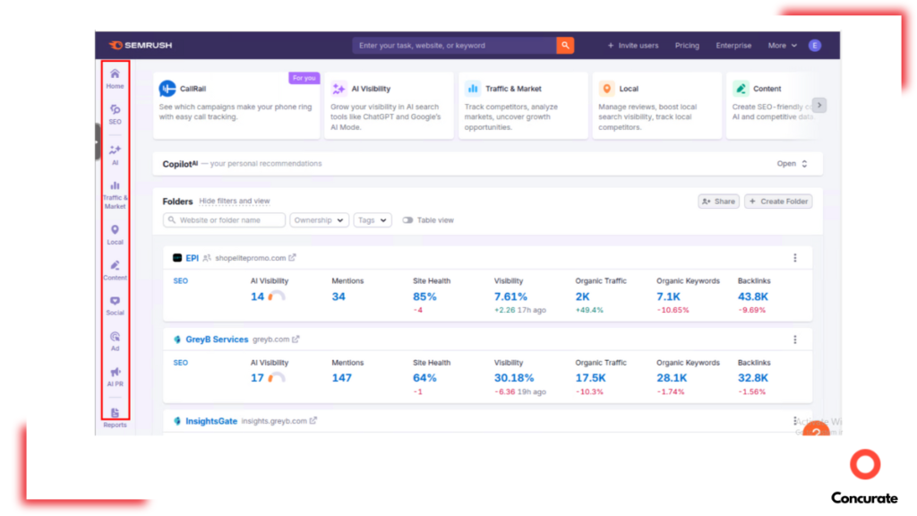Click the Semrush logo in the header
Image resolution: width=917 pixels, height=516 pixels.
[x=140, y=46]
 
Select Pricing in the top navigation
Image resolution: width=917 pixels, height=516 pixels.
[x=687, y=46]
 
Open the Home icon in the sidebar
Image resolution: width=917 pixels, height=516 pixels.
[x=115, y=74]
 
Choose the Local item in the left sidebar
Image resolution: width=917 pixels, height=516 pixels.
[x=115, y=231]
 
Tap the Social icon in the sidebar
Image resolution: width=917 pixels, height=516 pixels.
[x=115, y=302]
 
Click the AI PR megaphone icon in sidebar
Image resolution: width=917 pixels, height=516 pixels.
[x=115, y=373]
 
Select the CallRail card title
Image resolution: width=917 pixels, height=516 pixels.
[x=193, y=89]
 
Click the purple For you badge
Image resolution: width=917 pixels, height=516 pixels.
[x=304, y=78]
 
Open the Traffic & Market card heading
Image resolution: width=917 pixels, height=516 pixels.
[x=513, y=89]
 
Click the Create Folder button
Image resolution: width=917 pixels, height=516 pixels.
[x=778, y=202]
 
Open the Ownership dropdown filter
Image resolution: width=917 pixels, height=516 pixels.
[x=319, y=220]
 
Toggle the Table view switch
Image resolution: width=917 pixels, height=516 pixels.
[x=408, y=220]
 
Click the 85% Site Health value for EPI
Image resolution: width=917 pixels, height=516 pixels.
[x=424, y=297]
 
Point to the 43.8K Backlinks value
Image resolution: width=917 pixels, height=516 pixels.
[x=752, y=297]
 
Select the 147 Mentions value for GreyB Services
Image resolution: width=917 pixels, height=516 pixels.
[x=341, y=378]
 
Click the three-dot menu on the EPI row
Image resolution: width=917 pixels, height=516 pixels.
[x=794, y=258]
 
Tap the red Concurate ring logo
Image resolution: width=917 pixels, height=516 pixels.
[x=865, y=465]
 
